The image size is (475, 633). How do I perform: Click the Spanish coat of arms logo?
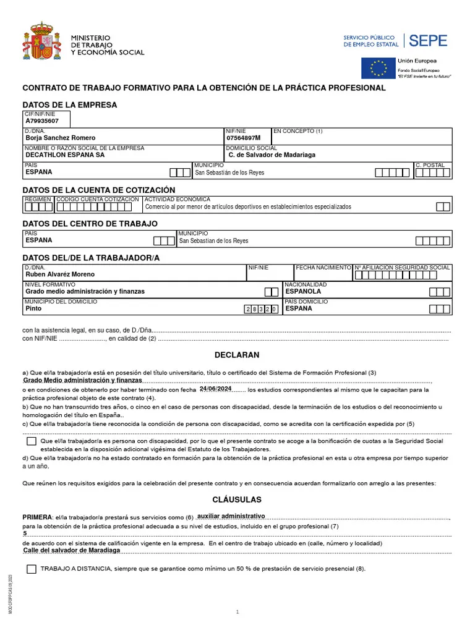pos(42,42)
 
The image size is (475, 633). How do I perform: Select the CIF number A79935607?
pos(42,121)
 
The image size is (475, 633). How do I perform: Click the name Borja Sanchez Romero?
pos(60,138)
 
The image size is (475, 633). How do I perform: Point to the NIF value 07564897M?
pos(244,138)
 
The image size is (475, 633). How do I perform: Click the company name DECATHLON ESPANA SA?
pos(65,155)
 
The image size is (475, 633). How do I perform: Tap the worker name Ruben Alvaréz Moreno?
pos(60,274)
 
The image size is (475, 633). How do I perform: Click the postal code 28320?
pos(262,308)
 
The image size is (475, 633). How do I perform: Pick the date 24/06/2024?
pos(216,389)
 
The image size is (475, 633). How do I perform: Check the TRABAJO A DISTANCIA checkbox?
pos(32,569)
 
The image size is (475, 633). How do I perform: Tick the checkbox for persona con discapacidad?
pos(32,441)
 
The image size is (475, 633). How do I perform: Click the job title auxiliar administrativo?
pos(231,516)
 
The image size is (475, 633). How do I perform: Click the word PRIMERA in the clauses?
pos(37,517)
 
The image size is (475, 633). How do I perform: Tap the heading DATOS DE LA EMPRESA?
pos(70,105)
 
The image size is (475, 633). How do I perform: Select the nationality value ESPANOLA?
pos(303,291)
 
